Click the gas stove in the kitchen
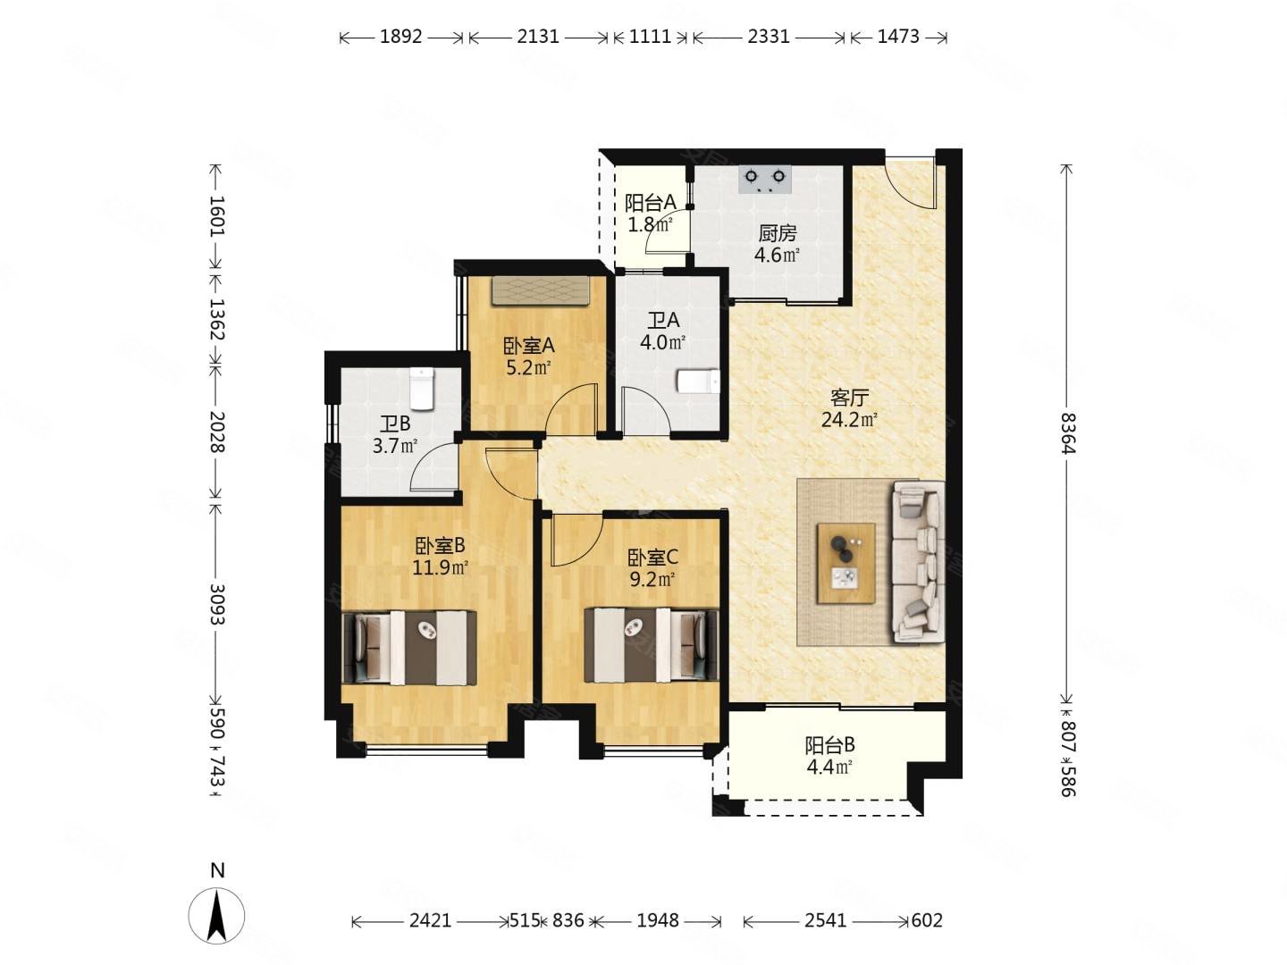click(764, 179)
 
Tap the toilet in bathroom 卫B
click(420, 389)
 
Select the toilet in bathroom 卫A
click(698, 381)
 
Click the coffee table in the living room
click(846, 563)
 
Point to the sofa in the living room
click(918, 562)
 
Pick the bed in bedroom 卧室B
click(409, 647)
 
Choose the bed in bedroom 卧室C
click(651, 645)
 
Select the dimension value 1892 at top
click(400, 37)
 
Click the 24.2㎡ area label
click(849, 420)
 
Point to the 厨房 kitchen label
click(777, 233)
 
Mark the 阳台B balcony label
click(829, 745)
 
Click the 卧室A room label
click(528, 346)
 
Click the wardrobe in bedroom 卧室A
click(540, 290)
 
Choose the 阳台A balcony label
click(651, 203)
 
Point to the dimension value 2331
click(769, 37)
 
